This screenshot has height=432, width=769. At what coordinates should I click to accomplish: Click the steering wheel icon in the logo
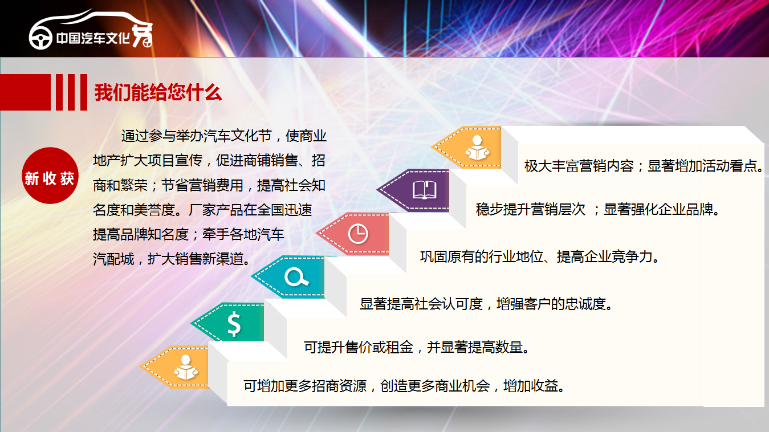click(x=40, y=38)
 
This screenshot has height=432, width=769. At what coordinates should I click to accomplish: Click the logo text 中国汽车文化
click(x=93, y=38)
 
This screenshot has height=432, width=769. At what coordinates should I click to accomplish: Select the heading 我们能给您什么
click(x=158, y=92)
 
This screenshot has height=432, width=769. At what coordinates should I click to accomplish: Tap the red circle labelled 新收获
click(x=50, y=176)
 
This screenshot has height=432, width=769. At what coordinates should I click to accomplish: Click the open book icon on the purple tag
click(x=425, y=190)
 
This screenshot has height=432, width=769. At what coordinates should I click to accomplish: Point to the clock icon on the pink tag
click(x=358, y=234)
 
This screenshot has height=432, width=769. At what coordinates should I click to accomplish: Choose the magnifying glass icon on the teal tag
click(x=296, y=277)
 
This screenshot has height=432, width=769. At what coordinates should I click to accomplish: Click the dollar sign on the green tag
click(x=234, y=324)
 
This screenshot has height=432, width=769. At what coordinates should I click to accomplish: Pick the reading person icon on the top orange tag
click(x=477, y=148)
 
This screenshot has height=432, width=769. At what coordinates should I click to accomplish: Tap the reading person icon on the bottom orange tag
click(x=186, y=367)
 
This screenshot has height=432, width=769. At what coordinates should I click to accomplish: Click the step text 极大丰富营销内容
click(x=579, y=166)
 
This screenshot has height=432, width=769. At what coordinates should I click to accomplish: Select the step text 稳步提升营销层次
click(x=530, y=209)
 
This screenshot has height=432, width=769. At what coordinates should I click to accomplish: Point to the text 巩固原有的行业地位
click(x=482, y=256)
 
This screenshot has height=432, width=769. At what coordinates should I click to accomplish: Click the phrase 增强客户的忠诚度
click(x=551, y=304)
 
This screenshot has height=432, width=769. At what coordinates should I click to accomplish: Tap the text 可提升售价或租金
click(x=359, y=348)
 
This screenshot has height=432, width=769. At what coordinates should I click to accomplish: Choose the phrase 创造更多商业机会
click(x=435, y=386)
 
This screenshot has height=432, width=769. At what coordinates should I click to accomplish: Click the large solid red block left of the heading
click(x=26, y=92)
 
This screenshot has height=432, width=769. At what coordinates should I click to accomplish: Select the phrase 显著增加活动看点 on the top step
click(x=702, y=166)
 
